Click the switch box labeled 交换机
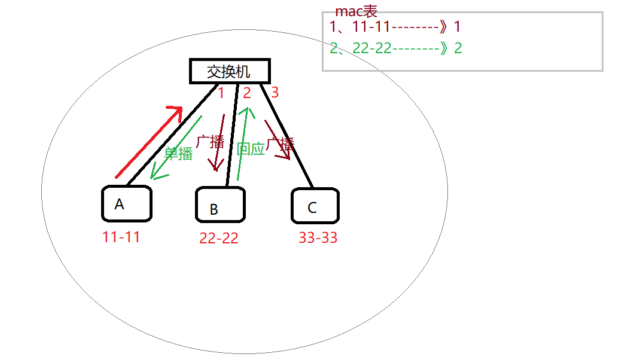pyautogui.click(x=230, y=72)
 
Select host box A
pyautogui.click(x=126, y=204)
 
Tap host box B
pyautogui.click(x=220, y=205)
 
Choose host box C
pyautogui.click(x=315, y=206)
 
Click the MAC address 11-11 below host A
pyautogui.click(x=121, y=237)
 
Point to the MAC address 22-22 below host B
pyautogui.click(x=219, y=238)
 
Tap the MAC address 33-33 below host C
pyautogui.click(x=318, y=238)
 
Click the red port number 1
pyautogui.click(x=221, y=93)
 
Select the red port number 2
pyautogui.click(x=246, y=93)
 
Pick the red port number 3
pyautogui.click(x=275, y=93)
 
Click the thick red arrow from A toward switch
pyautogui.click(x=148, y=142)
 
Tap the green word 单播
pyautogui.click(x=178, y=153)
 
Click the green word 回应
pyautogui.click(x=250, y=149)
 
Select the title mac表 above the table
pyautogui.click(x=356, y=11)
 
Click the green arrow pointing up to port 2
pyautogui.click(x=242, y=144)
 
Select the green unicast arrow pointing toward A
pyautogui.click(x=176, y=147)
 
